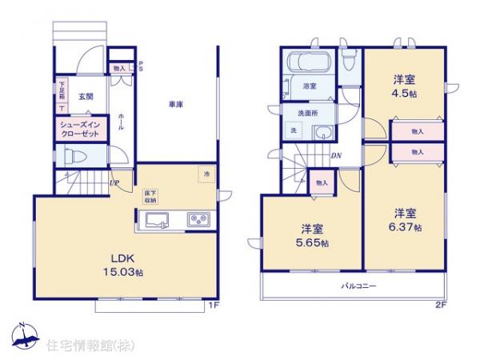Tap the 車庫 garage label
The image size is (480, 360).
click(177, 103)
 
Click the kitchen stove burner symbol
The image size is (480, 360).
click(197, 219)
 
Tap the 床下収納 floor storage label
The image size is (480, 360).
click(152, 198)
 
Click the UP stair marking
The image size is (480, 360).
click(115, 182)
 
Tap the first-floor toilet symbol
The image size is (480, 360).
click(69, 158)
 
